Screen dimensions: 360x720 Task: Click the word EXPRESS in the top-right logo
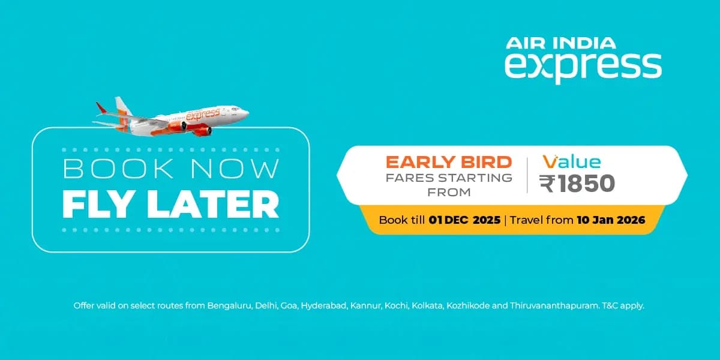click(583, 66)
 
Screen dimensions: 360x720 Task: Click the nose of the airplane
click(245, 112)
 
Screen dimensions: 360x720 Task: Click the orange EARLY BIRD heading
click(449, 162)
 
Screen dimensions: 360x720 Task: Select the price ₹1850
click(577, 184)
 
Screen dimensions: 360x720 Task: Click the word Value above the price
click(572, 162)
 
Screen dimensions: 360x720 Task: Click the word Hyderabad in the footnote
click(324, 306)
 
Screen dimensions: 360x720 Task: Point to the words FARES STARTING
click(449, 178)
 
